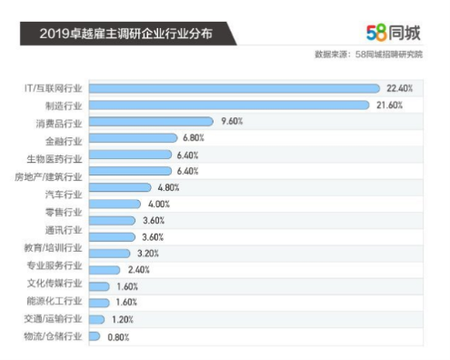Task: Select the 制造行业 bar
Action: (x=231, y=105)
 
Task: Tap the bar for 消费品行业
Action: (x=151, y=122)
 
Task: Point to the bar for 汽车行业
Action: (x=120, y=187)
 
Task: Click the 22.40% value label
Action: (x=400, y=88)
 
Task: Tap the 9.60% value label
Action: (x=232, y=122)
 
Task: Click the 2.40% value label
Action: (x=139, y=270)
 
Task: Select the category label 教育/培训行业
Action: (x=55, y=247)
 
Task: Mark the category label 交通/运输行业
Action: (x=55, y=318)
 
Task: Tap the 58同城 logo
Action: (x=395, y=32)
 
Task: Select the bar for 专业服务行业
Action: (x=105, y=270)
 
